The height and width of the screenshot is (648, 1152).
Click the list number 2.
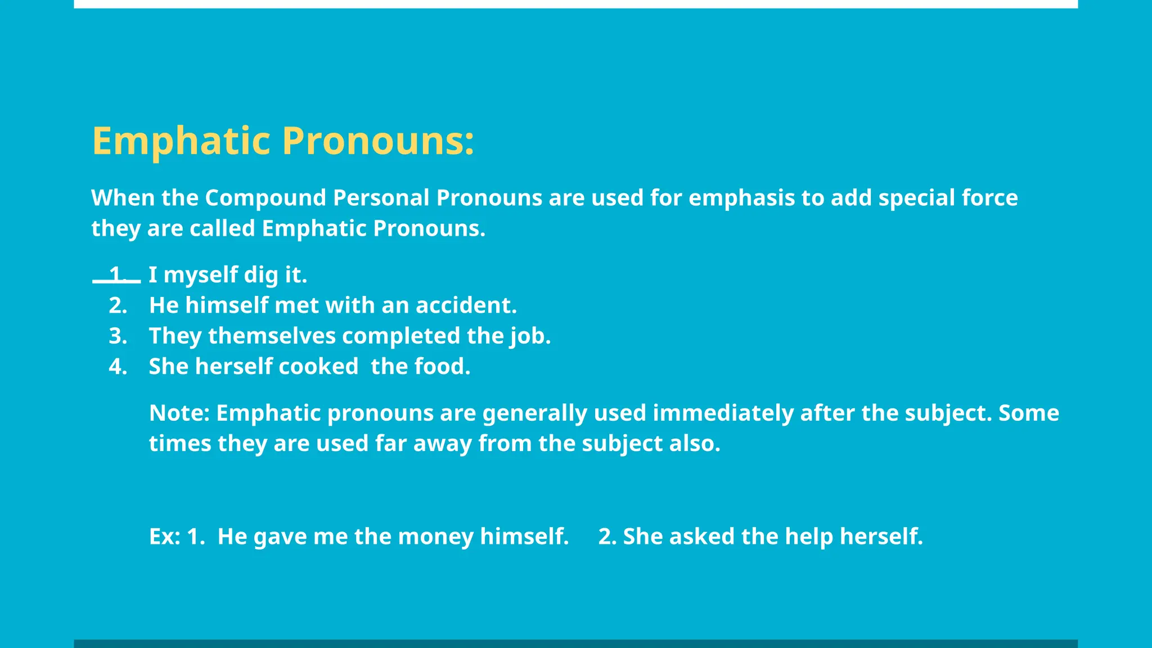pos(118,305)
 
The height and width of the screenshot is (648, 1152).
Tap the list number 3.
pos(118,336)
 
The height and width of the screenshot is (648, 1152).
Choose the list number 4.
pos(118,367)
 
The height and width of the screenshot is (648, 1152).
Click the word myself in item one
pos(200,275)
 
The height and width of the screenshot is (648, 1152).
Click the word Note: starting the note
pos(179,413)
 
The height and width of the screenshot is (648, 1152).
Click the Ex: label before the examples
pos(164,537)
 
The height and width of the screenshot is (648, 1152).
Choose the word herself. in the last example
pos(881,537)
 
